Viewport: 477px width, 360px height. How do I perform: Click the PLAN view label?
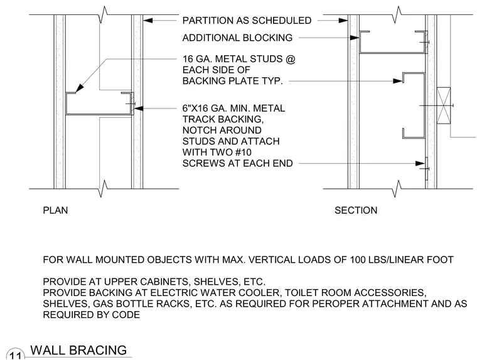coord(55,210)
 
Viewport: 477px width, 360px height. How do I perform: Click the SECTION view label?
coord(356,210)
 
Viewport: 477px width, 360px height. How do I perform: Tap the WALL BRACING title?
coord(78,350)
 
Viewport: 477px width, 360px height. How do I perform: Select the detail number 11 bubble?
coord(15,355)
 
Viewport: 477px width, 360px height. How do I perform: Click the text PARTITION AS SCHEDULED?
coord(247,21)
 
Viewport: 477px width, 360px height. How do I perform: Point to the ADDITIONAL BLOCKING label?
coord(237,38)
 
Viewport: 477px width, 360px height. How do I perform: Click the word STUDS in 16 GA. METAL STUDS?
coord(266,59)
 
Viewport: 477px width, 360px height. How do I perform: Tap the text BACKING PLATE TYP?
coord(232,81)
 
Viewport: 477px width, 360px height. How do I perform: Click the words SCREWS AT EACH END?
coord(237,163)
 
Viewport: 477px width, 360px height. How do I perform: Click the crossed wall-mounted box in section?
coord(444,106)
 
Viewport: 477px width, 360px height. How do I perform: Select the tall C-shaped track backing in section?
coord(424,106)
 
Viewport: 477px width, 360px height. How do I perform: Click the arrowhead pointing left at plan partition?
coord(147,21)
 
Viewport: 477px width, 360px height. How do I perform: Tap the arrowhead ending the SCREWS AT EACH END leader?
coord(420,163)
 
